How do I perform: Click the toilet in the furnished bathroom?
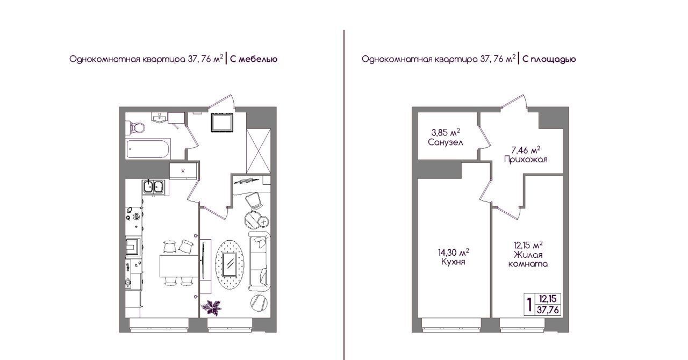coord(137,127)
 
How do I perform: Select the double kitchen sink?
coord(153,186)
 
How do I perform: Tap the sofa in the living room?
coord(260,261)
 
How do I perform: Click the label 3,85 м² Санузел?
coord(446,138)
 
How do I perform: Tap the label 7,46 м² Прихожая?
coord(526,155)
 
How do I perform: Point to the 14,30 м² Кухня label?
coord(453,257)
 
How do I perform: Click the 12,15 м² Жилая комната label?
coord(528,254)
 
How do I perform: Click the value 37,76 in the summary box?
coord(548,310)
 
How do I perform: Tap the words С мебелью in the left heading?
coord(254,59)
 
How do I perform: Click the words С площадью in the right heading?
coord(549,59)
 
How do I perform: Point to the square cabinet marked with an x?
coord(183,170)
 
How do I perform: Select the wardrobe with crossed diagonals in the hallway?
coord(259,151)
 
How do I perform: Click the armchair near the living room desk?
coord(254,200)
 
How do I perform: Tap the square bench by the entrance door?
coord(222,123)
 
